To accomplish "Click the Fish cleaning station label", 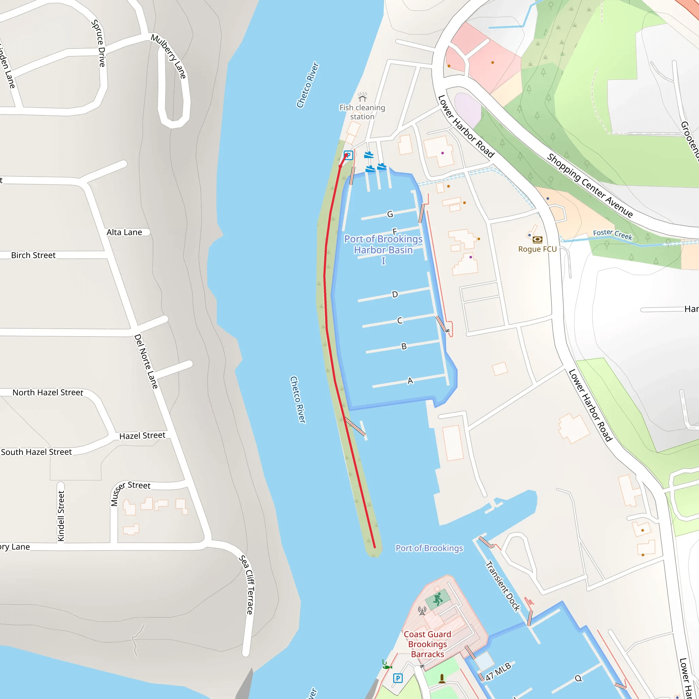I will tap(362, 112).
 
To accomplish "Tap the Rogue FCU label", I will tap(537, 249).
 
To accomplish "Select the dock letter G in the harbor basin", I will tap(390, 214).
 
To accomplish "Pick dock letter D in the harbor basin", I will tap(395, 295).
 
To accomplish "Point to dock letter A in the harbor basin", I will tap(410, 381).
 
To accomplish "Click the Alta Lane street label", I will tap(124, 232).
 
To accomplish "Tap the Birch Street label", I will tap(33, 255).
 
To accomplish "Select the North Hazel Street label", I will tap(48, 393).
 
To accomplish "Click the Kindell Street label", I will tap(61, 516).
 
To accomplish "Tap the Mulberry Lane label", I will tap(169, 56).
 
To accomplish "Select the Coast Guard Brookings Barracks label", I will tap(427, 644).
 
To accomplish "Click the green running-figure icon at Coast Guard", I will tap(438, 599).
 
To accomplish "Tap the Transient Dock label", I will tap(502, 586).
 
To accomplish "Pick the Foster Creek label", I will tap(613, 234).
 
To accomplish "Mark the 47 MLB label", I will tap(498, 671).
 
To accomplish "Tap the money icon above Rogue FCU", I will tap(538, 240).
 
